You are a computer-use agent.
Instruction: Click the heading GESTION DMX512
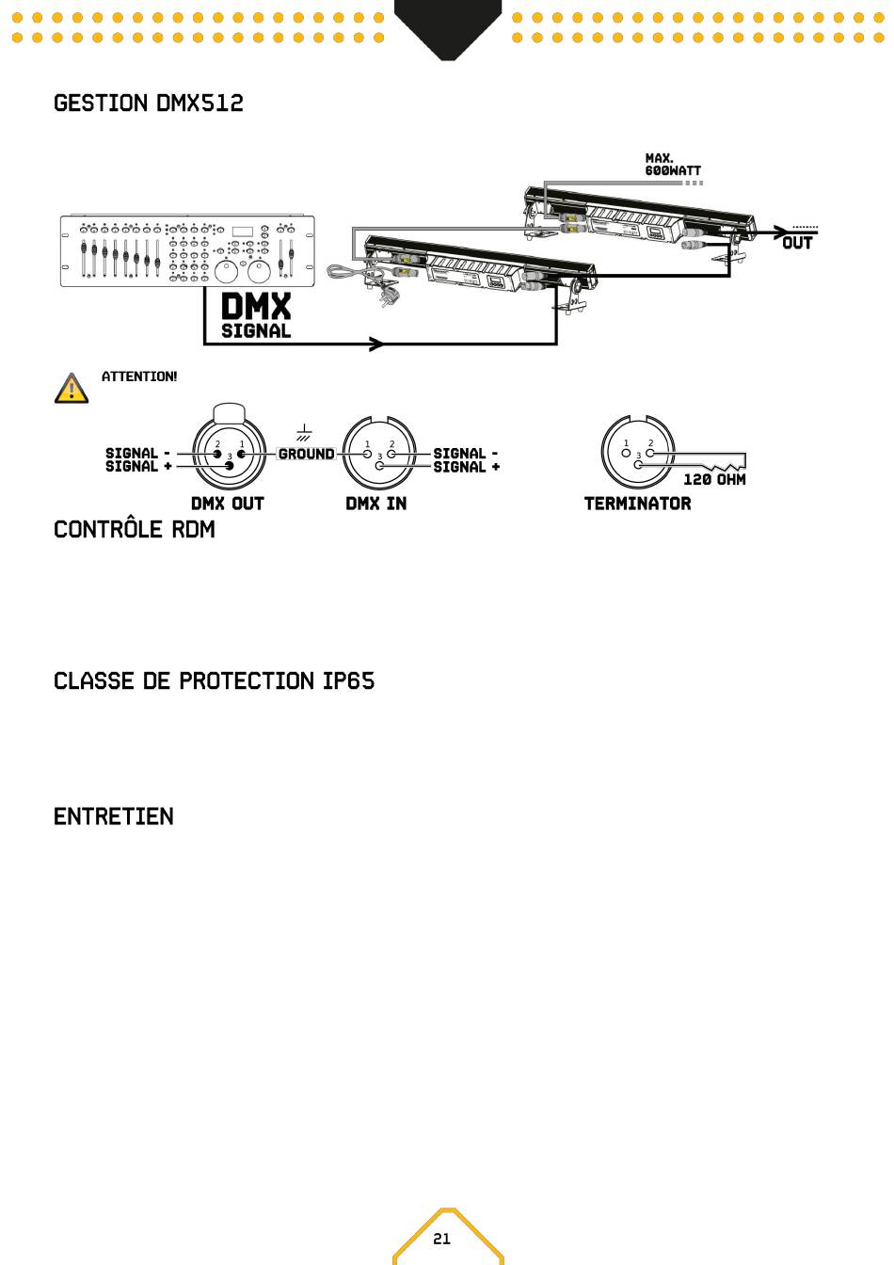pos(149,104)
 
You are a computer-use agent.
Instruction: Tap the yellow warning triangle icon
pos(72,389)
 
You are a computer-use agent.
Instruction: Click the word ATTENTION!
pos(139,376)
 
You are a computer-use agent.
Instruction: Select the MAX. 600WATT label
pos(673,165)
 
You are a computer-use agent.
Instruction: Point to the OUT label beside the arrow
pos(797,244)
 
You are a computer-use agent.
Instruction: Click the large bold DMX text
pos(256,307)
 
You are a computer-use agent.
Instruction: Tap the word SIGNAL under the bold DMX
pos(256,331)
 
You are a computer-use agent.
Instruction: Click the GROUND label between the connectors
pos(306,454)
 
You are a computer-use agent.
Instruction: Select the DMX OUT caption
pos(228,504)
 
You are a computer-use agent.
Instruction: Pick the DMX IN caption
pos(376,504)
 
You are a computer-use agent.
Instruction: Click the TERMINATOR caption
pos(638,504)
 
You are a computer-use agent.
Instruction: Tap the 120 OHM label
pos(714,480)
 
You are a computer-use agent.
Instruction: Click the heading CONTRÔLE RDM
pos(135,530)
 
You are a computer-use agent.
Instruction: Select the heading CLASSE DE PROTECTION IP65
pos(214,681)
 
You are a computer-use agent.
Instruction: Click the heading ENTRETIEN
pos(114,817)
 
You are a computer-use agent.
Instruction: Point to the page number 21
pos(441,1239)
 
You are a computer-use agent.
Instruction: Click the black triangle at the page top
pos(448,25)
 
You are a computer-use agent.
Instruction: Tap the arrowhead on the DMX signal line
pos(376,344)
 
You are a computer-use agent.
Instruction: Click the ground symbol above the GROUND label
pos(304,433)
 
